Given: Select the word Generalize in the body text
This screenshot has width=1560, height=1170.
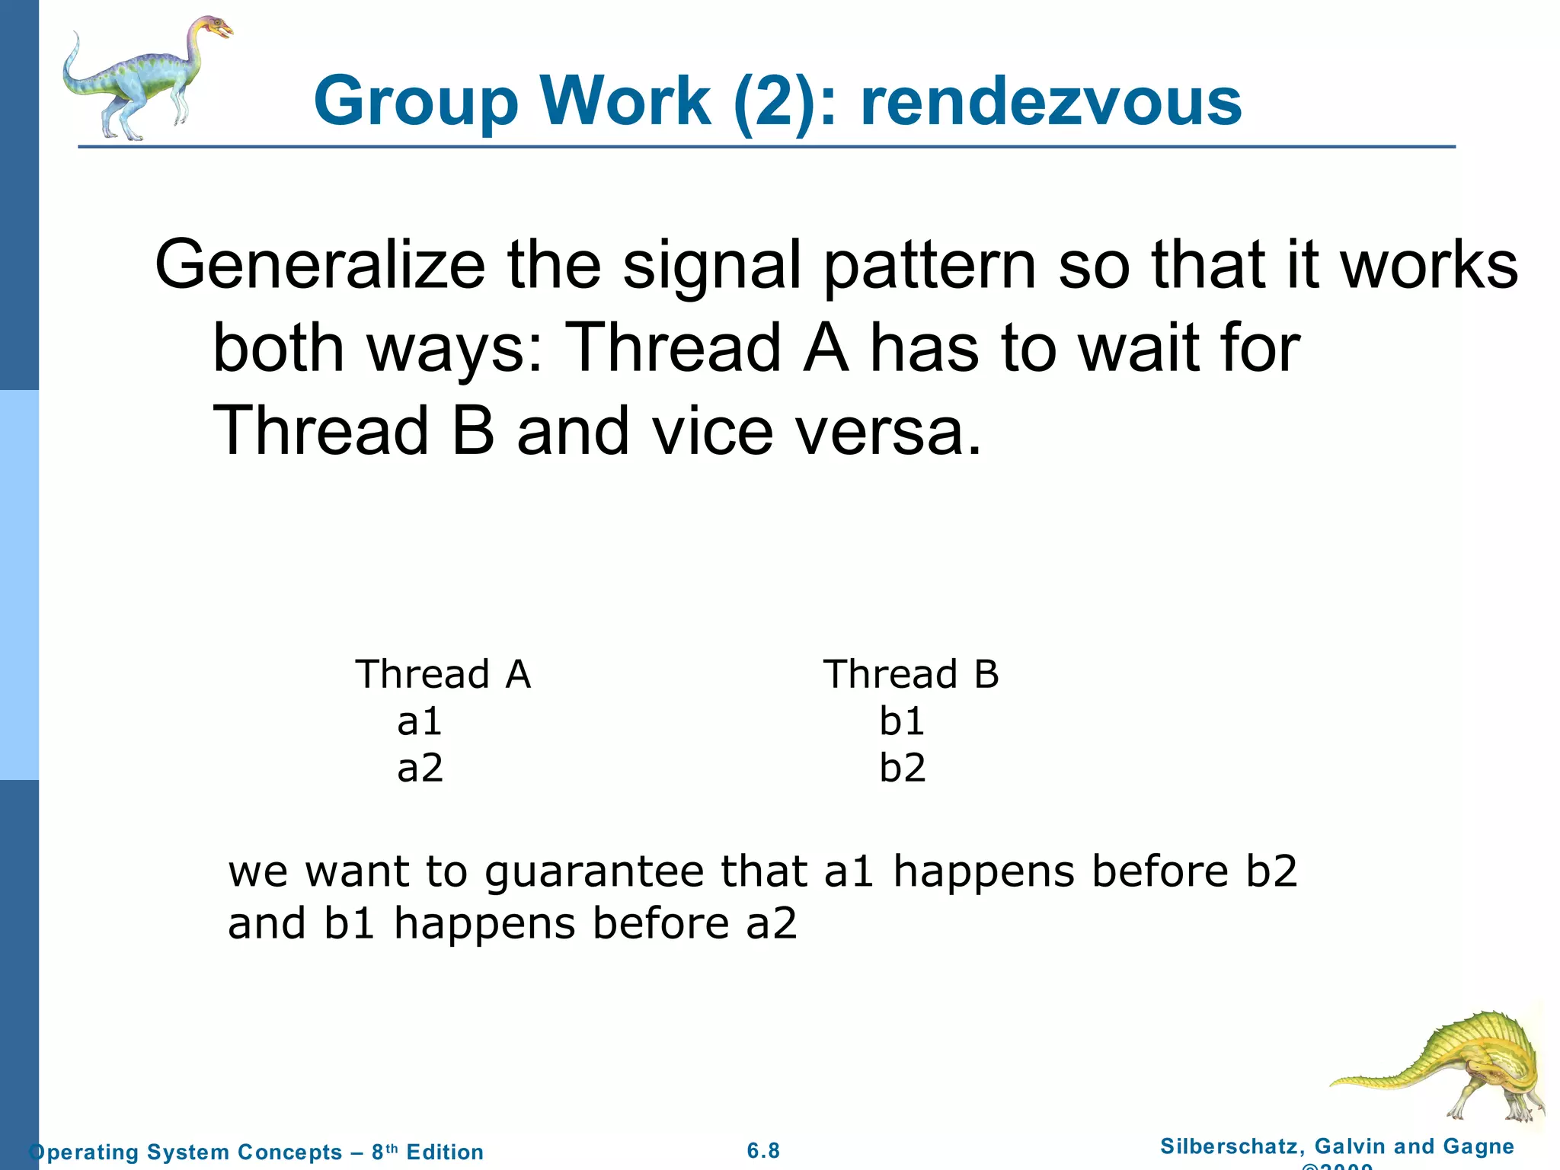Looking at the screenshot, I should point(320,265).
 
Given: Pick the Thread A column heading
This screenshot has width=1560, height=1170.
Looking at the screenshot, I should point(443,674).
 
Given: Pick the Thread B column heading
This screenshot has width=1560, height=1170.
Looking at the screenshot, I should point(910,674).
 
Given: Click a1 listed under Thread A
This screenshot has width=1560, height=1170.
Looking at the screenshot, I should point(420,721).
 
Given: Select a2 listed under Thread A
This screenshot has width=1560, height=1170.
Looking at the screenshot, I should point(420,768).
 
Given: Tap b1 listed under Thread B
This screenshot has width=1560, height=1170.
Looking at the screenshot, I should point(902,721).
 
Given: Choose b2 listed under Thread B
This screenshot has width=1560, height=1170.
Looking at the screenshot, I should point(902,768).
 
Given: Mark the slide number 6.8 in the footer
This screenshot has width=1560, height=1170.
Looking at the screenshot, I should point(763,1151).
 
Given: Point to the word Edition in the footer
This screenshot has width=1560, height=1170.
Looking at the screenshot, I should point(445,1152).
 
